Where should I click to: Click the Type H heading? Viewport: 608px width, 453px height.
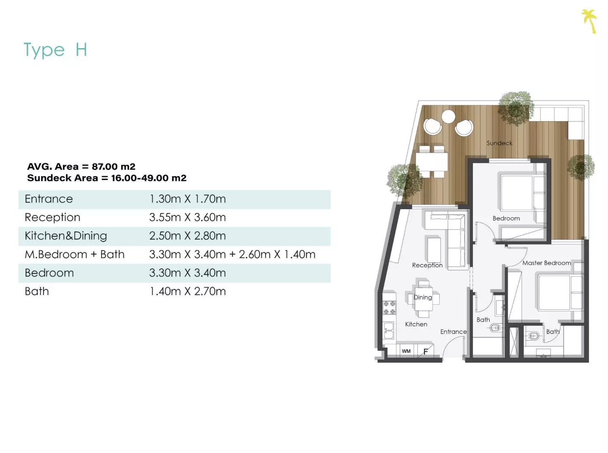(55, 50)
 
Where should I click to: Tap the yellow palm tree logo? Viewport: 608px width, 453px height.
(589, 21)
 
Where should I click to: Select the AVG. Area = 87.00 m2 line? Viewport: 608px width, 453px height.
(81, 166)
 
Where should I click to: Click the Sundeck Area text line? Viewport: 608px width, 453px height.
(107, 178)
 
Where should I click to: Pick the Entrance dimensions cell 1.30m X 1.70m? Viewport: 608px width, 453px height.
(188, 199)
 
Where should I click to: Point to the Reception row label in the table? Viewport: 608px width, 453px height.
(52, 218)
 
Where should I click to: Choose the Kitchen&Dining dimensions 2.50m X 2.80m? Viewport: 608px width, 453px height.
(188, 236)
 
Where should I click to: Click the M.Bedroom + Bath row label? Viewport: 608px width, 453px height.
(74, 254)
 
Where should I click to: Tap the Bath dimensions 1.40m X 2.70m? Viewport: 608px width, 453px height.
(188, 292)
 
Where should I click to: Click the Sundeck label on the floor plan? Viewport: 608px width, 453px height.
(499, 143)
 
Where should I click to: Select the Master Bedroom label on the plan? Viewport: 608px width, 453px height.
(547, 263)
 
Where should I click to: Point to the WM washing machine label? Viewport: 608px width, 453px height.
(406, 351)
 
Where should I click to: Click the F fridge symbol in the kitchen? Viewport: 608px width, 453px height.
(426, 352)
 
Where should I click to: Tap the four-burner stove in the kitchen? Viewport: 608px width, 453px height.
(389, 308)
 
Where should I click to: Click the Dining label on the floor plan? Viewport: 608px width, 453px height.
(423, 297)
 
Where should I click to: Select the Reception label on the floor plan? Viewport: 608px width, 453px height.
(427, 265)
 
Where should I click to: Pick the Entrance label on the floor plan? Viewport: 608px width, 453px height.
(453, 332)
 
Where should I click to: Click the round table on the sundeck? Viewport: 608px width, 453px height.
(448, 116)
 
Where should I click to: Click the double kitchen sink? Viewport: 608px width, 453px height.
(388, 330)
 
